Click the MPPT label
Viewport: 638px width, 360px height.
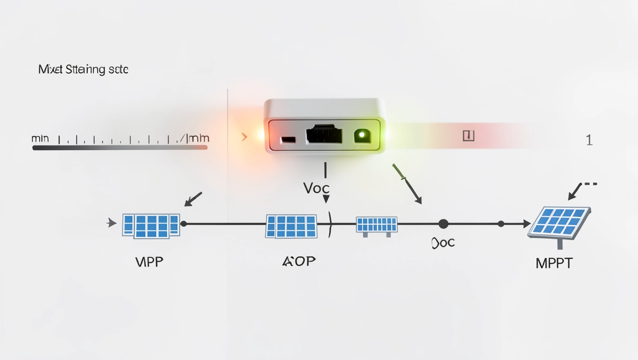point(554,263)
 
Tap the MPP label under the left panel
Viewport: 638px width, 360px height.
point(149,262)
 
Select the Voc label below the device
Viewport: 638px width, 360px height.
point(316,188)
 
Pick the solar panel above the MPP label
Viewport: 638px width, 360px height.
point(151,225)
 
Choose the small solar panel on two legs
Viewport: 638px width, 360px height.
point(376,225)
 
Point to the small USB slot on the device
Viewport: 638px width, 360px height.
point(288,140)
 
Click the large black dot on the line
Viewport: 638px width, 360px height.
point(443,224)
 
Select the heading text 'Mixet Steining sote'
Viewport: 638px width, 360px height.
point(83,70)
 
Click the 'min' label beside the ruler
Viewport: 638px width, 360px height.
point(40,139)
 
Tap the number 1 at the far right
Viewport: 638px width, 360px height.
point(589,140)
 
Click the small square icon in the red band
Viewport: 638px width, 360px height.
point(468,136)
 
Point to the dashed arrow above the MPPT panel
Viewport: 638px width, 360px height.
point(581,188)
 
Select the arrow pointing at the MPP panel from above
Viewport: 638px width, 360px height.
point(193,199)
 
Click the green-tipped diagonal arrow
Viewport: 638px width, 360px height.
point(407,184)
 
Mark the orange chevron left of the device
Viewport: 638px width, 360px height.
point(244,137)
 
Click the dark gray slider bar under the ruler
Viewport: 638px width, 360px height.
point(120,148)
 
